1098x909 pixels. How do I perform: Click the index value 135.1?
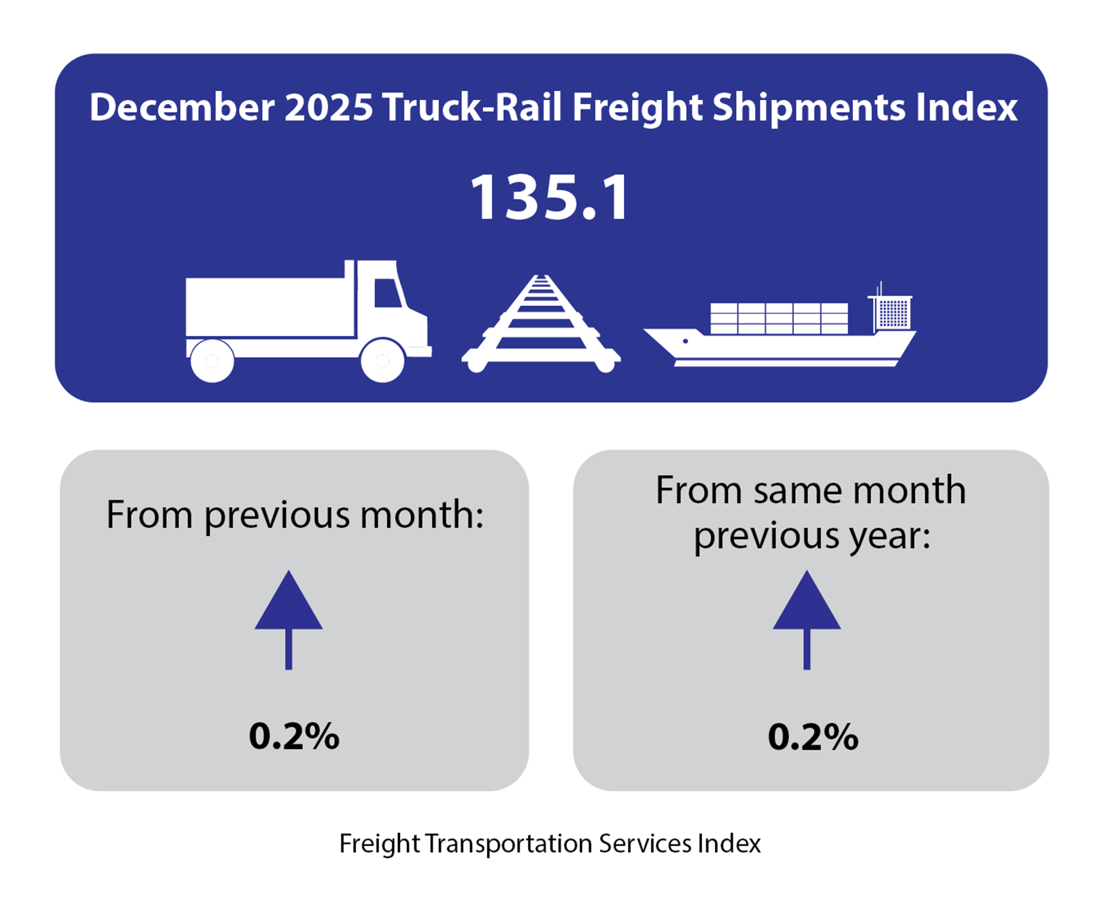pos(550,198)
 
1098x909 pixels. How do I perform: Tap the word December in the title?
pos(182,107)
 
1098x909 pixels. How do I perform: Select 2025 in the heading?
pos(329,107)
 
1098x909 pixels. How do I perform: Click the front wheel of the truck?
pos(382,360)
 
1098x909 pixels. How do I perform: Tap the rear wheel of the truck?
pos(212,360)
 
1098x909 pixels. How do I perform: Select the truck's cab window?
pos(387,293)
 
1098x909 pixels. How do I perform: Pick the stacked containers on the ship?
pos(779,318)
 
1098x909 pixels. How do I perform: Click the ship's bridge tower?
pos(892,312)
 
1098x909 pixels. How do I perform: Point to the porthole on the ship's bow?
pos(685,341)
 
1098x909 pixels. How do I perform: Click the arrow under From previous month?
pos(288,618)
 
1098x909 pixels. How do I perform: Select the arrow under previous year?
pos(807,618)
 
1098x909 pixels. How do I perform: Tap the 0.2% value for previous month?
pos(294,736)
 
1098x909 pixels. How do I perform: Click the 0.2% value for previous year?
pos(813,737)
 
